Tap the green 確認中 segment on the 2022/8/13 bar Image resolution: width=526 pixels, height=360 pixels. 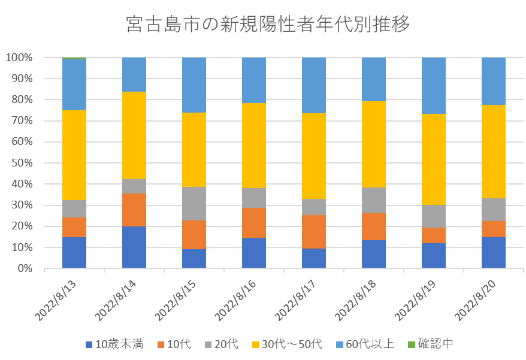[x=74, y=58]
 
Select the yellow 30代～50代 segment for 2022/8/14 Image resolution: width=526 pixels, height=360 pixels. [x=134, y=135]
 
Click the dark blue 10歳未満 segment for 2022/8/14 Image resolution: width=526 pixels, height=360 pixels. [x=134, y=247]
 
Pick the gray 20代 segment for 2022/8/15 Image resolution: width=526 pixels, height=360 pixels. [x=194, y=204]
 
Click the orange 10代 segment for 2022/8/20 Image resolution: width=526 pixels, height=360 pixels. [x=494, y=229]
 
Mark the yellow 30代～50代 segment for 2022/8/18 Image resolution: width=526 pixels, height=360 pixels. [x=374, y=144]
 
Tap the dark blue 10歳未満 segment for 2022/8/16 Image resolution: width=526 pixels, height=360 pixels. [x=254, y=253]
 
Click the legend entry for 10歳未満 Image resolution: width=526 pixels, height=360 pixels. [x=114, y=344]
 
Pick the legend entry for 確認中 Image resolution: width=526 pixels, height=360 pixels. [x=430, y=344]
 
